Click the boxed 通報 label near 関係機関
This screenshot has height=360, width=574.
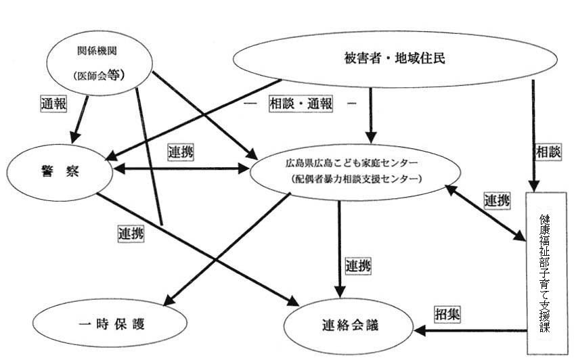pos(53,106)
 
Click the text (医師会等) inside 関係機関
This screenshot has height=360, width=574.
pos(102,75)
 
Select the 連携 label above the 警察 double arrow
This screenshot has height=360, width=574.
pos(179,153)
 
